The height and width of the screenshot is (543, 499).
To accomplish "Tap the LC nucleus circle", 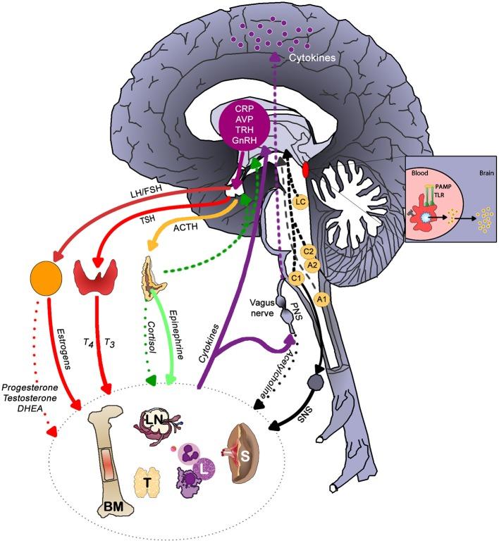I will click(x=300, y=202).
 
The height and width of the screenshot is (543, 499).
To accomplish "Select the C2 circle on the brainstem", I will click(x=307, y=251).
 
